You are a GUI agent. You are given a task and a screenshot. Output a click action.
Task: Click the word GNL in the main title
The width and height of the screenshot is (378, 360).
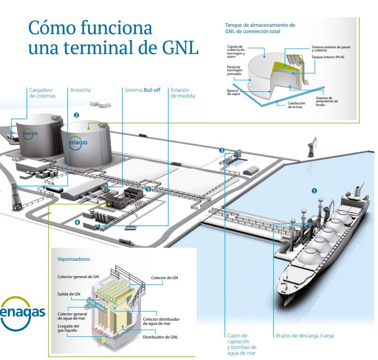(x=178, y=49)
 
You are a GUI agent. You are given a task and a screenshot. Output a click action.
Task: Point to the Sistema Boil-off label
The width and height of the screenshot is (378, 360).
(x=143, y=90)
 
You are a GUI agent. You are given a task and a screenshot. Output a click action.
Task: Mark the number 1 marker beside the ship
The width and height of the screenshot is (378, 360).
(x=315, y=190)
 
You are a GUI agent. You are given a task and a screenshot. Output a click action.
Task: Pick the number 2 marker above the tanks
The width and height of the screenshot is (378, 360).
(x=77, y=114)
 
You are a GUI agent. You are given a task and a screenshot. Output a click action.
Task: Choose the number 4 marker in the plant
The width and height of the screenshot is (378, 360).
(x=78, y=222)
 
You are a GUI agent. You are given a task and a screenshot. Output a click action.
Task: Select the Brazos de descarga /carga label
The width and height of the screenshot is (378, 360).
(x=305, y=335)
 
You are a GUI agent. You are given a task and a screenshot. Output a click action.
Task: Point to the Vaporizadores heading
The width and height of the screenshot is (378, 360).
(x=73, y=259)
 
